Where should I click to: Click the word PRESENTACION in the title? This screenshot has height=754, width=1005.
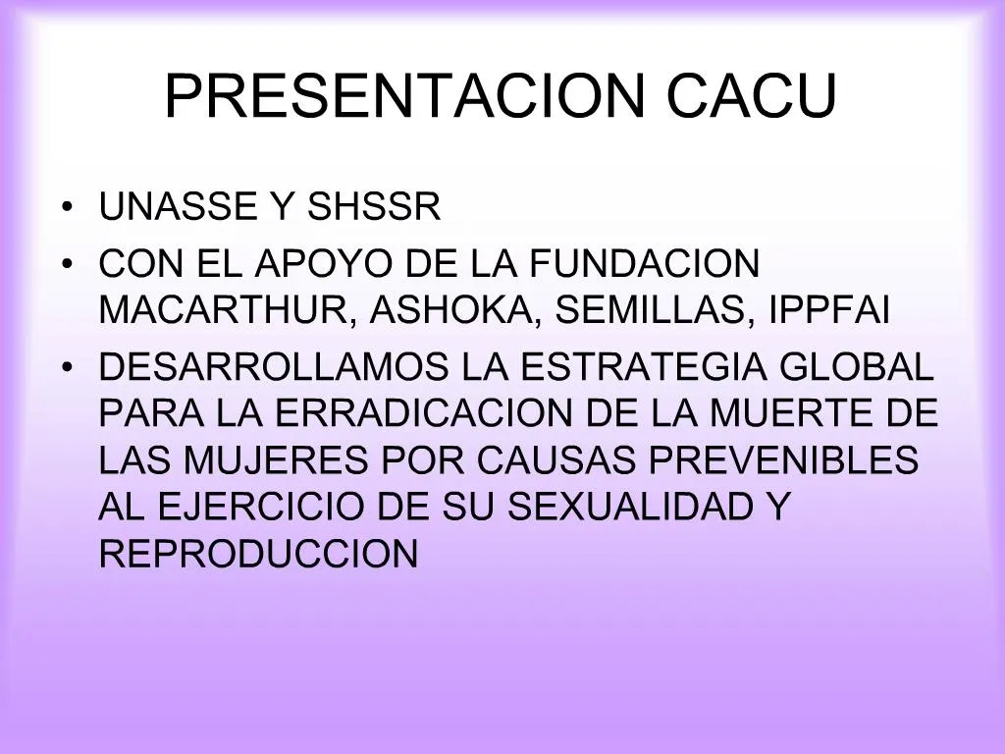406,95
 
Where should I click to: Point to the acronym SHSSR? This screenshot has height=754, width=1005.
375,207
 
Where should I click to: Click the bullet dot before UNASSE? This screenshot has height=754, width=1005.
66,208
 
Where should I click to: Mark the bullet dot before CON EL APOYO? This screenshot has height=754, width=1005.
66,265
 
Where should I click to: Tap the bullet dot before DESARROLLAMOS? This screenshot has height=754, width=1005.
66,367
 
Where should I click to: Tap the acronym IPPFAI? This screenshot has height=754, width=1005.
830,311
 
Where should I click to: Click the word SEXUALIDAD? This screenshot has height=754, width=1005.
629,508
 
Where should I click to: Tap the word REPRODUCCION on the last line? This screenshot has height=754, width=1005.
259,555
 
